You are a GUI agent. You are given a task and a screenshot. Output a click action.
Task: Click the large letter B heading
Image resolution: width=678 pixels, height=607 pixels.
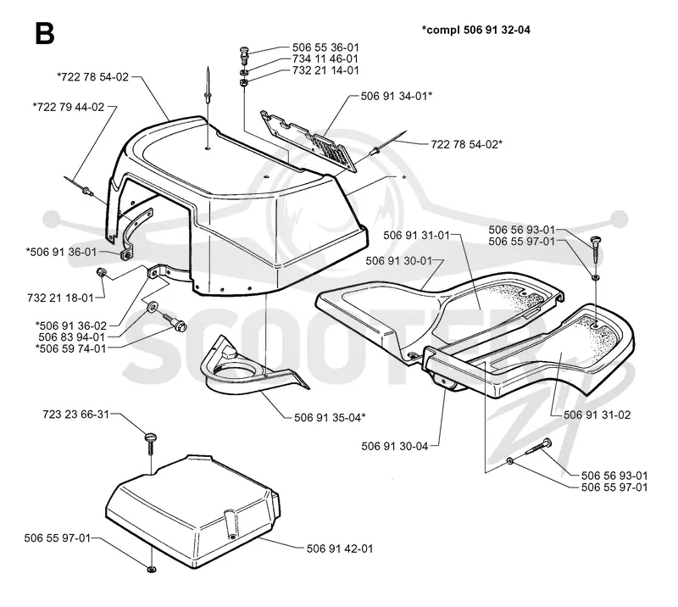[45, 34]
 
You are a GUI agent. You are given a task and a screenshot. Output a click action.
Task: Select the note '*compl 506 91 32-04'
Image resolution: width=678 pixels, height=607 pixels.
[475, 30]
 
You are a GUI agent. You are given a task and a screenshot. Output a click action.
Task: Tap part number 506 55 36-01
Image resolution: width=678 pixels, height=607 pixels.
[325, 47]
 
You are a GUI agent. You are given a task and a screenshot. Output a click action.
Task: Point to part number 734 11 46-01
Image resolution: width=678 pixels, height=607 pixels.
[325, 58]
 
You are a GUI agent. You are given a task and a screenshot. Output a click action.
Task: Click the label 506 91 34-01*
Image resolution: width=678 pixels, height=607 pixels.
[397, 96]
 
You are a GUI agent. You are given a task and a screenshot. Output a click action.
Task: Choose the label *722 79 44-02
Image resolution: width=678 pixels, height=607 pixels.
[69, 107]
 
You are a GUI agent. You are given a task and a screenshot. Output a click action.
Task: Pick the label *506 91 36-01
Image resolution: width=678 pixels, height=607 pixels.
[61, 252]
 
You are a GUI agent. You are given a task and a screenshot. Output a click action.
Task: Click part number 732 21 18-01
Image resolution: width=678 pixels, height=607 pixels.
[60, 298]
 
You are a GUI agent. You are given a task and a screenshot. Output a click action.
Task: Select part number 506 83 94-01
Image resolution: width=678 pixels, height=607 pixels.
[72, 337]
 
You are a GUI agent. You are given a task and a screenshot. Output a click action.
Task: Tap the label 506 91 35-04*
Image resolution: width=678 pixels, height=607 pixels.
[330, 417]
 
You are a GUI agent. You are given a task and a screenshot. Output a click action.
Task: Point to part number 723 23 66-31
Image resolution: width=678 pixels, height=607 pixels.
[76, 415]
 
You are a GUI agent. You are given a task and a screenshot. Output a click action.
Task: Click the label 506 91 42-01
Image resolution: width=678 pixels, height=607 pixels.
[340, 549]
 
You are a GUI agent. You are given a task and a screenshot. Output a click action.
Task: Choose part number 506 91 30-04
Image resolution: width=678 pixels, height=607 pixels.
[394, 446]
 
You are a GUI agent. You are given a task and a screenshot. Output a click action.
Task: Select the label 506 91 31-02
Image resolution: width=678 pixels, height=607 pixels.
[597, 415]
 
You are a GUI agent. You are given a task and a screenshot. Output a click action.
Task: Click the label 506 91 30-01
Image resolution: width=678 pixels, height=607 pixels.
[398, 261]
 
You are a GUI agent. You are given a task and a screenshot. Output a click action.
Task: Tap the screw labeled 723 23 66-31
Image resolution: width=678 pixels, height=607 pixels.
[150, 443]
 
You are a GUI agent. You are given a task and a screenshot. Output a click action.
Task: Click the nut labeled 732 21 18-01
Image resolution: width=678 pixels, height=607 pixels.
[101, 272]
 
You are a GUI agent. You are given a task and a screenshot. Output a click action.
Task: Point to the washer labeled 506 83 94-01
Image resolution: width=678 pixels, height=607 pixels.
[153, 308]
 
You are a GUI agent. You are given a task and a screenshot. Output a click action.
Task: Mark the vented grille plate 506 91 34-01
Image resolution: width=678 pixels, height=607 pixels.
[309, 141]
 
